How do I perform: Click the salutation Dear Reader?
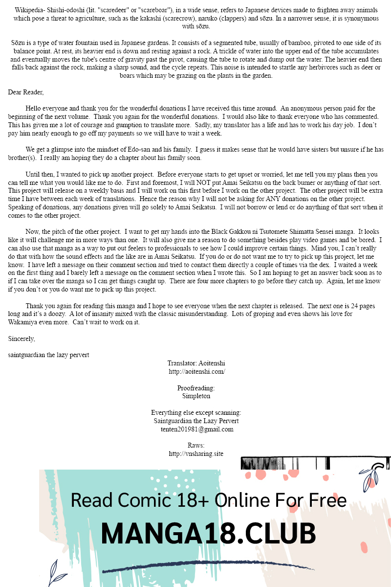(x=26, y=92)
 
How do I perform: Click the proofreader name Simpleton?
(x=196, y=396)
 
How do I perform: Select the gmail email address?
(x=197, y=429)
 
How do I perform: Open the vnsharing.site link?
(x=196, y=454)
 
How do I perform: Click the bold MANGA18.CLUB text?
(x=209, y=533)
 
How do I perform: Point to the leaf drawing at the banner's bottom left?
(x=57, y=572)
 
